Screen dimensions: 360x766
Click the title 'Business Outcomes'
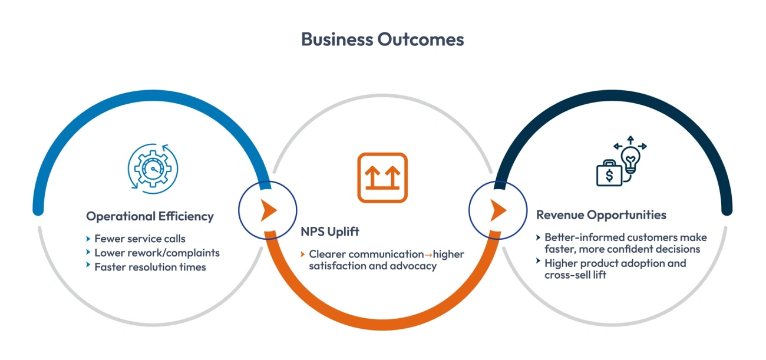tap(382, 39)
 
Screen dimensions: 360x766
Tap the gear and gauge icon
tap(152, 167)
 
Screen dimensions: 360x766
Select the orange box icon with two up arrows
tap(382, 177)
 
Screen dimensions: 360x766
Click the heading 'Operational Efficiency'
tap(150, 216)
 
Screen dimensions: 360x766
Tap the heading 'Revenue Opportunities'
tap(601, 214)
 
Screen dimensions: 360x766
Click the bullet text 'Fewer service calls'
tap(140, 239)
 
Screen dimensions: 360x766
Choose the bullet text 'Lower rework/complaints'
tap(157, 253)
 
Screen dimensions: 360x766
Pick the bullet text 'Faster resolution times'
tap(150, 267)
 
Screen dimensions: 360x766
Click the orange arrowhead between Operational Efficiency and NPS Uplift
tap(269, 210)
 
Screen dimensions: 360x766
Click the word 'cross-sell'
tap(566, 275)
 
